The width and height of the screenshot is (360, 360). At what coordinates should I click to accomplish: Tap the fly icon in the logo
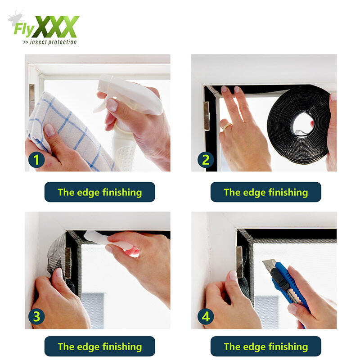point(16,18)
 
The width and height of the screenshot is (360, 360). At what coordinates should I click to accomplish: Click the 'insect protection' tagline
point(50,42)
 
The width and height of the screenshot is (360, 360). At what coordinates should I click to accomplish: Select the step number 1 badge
point(36,160)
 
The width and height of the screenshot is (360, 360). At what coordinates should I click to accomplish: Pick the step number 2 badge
point(206,160)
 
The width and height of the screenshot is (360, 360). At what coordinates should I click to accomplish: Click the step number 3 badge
point(36,316)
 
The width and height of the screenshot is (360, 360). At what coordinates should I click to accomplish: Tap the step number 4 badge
point(206,316)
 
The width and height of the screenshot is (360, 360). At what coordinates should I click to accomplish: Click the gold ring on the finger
point(227,126)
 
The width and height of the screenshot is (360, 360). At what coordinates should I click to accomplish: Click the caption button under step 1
point(99,192)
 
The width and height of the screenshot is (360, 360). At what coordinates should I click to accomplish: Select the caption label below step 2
point(265,192)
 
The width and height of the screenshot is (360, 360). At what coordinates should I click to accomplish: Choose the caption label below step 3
point(99,346)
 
